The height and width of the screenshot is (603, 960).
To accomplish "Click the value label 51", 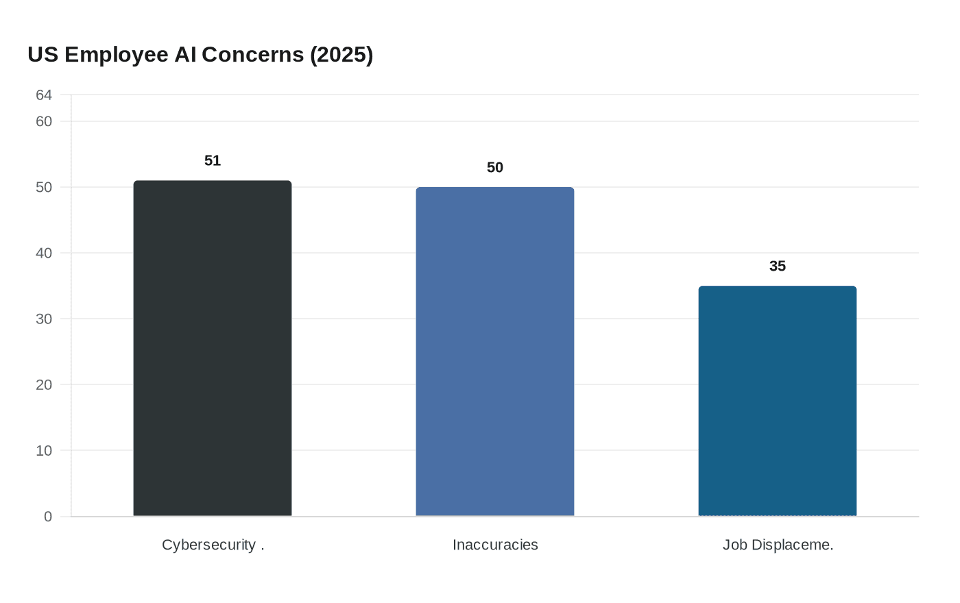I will click(x=213, y=160).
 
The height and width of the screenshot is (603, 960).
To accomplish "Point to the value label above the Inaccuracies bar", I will click(x=495, y=167).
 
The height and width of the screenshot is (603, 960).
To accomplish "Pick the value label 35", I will click(x=778, y=266).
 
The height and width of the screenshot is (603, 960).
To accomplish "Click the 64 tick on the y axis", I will click(x=44, y=95).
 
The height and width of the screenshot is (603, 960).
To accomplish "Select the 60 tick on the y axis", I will click(x=44, y=121).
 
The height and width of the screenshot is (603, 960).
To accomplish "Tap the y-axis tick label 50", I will click(x=44, y=187).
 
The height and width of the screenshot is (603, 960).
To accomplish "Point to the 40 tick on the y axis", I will click(x=44, y=253).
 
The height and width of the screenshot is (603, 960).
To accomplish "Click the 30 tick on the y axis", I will click(x=44, y=319).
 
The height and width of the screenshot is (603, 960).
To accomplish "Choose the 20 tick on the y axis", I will click(x=44, y=384).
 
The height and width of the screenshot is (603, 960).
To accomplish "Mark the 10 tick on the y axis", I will click(x=44, y=450).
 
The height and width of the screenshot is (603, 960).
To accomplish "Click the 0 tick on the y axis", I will click(x=48, y=517).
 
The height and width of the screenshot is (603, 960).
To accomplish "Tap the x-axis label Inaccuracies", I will click(x=495, y=545).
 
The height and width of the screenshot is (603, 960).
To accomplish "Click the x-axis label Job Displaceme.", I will click(x=778, y=545).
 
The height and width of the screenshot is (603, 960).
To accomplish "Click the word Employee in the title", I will click(x=117, y=55).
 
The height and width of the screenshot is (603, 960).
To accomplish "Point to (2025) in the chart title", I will click(x=341, y=55).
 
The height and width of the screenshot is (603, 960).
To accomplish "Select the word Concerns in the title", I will click(x=252, y=55).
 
